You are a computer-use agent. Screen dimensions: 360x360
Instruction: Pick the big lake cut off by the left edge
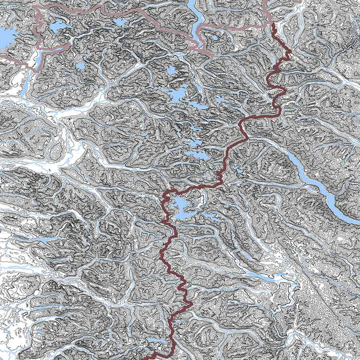[5, 35]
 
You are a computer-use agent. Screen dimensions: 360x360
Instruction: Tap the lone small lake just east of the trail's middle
[237, 170]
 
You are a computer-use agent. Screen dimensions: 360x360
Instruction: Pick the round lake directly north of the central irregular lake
[171, 70]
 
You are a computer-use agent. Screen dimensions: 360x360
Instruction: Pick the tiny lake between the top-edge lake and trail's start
[215, 38]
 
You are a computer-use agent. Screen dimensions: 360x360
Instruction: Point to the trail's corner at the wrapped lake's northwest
[166, 195]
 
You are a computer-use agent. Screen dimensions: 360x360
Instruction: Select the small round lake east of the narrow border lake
[80, 67]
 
